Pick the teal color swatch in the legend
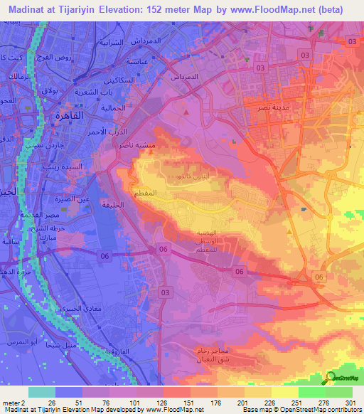42,391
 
